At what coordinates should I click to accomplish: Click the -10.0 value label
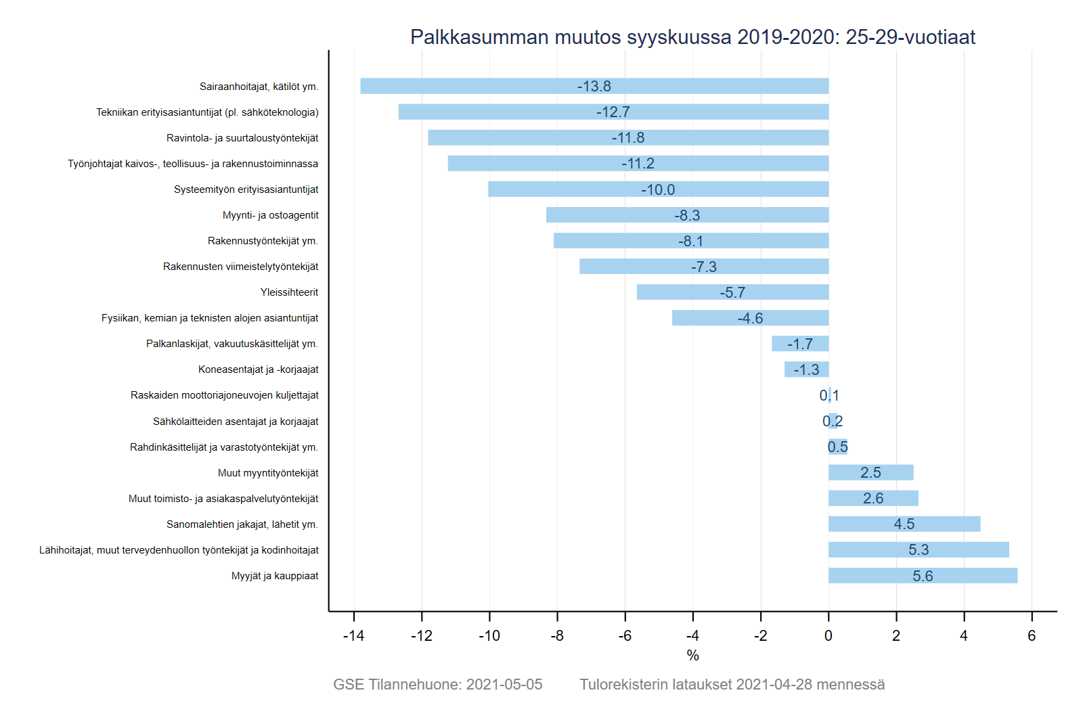pyautogui.click(x=658, y=190)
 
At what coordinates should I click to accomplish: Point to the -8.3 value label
pyautogui.click(x=687, y=216)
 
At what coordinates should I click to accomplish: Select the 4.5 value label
pyautogui.click(x=904, y=524)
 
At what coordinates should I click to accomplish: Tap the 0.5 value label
pyautogui.click(x=837, y=447)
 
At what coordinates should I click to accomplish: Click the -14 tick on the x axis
pyautogui.click(x=353, y=636)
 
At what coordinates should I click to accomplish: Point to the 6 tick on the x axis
pyautogui.click(x=1032, y=636)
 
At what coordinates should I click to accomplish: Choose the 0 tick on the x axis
pyautogui.click(x=828, y=636)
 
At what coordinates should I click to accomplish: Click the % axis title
pyautogui.click(x=692, y=655)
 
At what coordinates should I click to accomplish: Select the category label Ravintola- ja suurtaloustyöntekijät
pyautogui.click(x=242, y=138)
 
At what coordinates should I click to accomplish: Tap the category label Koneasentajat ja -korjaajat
pyautogui.click(x=258, y=369)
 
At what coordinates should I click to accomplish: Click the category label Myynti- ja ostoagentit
pyautogui.click(x=270, y=215)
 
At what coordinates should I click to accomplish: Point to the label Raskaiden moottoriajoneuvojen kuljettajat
pyautogui.click(x=224, y=395)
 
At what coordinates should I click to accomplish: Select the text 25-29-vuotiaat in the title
pyautogui.click(x=910, y=37)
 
